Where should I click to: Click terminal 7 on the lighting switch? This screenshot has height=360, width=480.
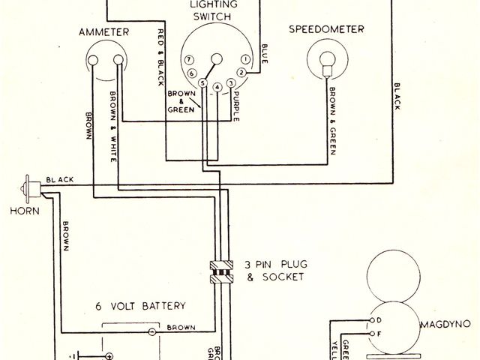tap(190, 59)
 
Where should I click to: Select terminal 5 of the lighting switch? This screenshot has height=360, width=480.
tap(202, 86)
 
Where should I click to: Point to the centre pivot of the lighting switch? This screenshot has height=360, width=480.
tap(217, 59)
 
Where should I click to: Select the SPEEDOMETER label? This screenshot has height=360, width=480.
tap(326, 29)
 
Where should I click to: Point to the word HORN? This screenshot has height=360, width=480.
tap(23, 211)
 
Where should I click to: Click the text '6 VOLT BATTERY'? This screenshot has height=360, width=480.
tap(140, 306)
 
